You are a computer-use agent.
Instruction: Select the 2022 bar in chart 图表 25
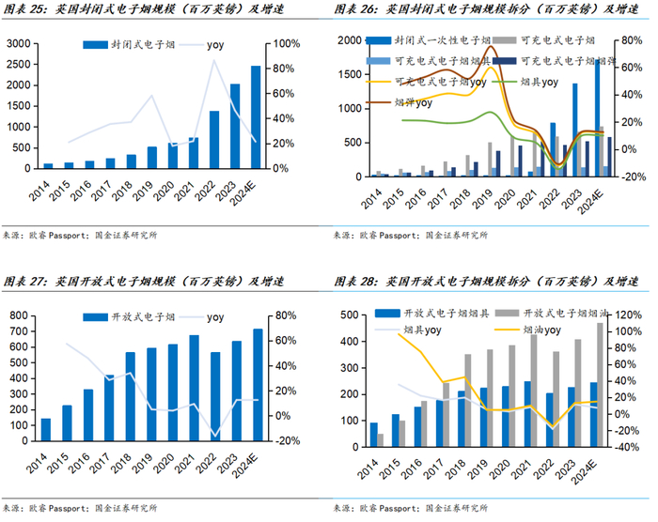(214, 140)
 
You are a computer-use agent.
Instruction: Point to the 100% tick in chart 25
(288, 44)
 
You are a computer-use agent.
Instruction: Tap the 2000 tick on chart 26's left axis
(350, 40)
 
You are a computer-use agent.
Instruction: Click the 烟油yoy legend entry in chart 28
(540, 330)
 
